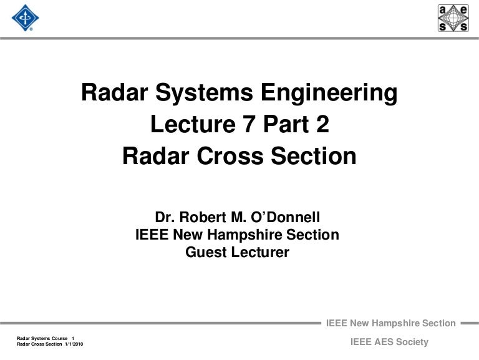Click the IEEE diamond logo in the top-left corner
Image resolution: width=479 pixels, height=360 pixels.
click(25, 18)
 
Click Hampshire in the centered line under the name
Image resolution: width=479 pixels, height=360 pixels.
click(254, 235)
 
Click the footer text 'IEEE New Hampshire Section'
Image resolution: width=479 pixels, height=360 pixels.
click(391, 323)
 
